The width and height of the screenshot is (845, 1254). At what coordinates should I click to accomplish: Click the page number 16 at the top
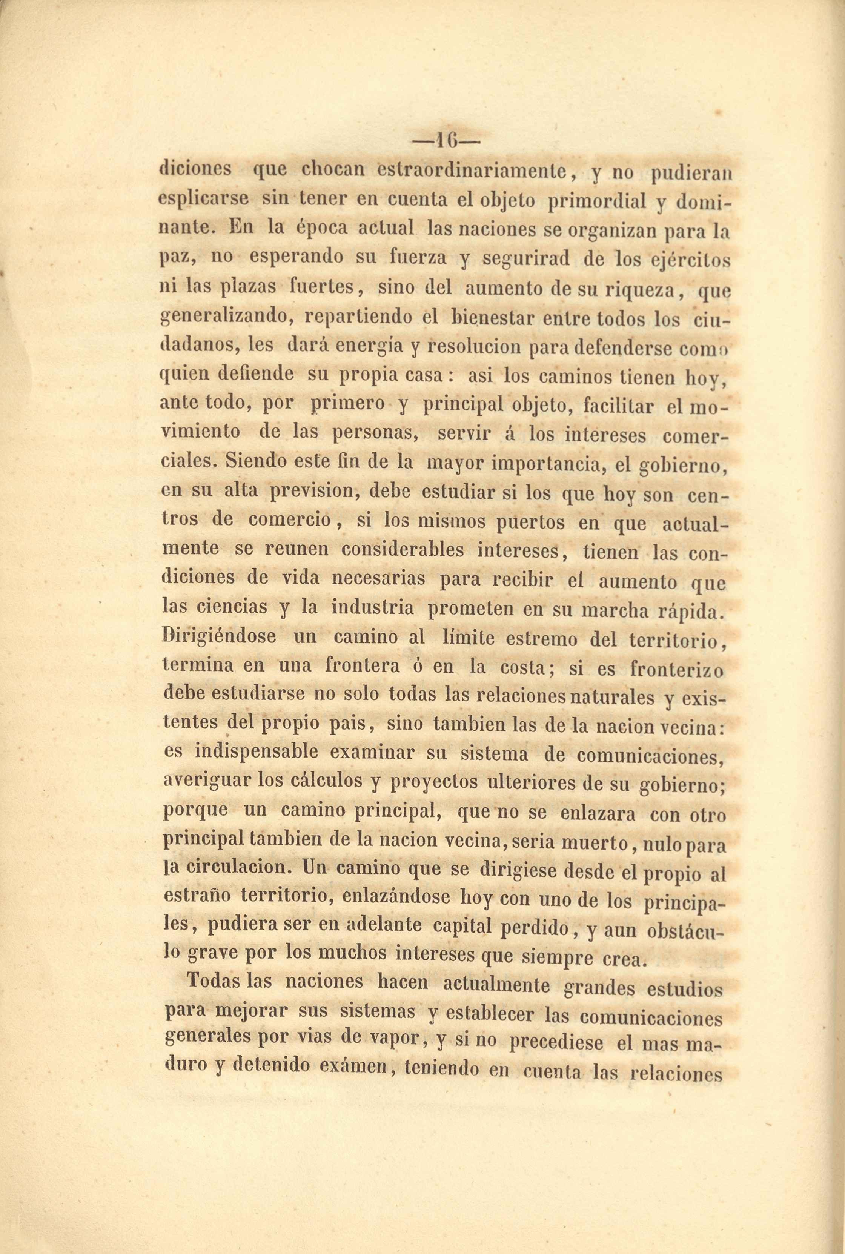[x=446, y=141]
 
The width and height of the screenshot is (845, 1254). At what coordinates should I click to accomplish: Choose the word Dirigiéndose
[x=219, y=636]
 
